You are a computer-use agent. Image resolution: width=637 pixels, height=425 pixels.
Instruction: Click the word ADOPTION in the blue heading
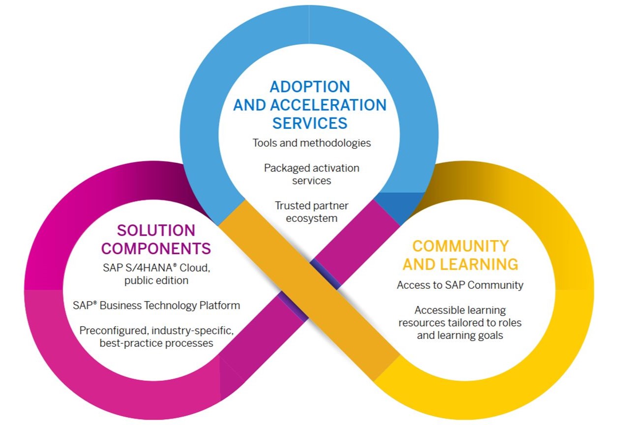(310, 87)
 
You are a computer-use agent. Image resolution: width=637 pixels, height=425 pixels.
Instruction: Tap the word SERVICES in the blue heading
(310, 122)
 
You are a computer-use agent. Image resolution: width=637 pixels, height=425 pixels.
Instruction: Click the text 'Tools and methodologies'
(312, 143)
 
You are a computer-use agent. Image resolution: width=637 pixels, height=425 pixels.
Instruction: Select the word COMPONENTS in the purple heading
(156, 248)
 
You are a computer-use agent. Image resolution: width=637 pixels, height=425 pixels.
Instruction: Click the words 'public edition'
(156, 281)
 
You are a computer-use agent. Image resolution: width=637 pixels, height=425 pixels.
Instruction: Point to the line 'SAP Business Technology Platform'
(156, 305)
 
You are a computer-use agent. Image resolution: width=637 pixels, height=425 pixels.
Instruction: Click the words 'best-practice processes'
(156, 343)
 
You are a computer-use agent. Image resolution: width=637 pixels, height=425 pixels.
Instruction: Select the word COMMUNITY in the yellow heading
(461, 246)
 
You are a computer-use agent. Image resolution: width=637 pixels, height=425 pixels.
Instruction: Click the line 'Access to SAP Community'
(460, 285)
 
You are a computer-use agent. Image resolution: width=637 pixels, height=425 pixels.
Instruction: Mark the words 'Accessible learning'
(460, 310)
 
